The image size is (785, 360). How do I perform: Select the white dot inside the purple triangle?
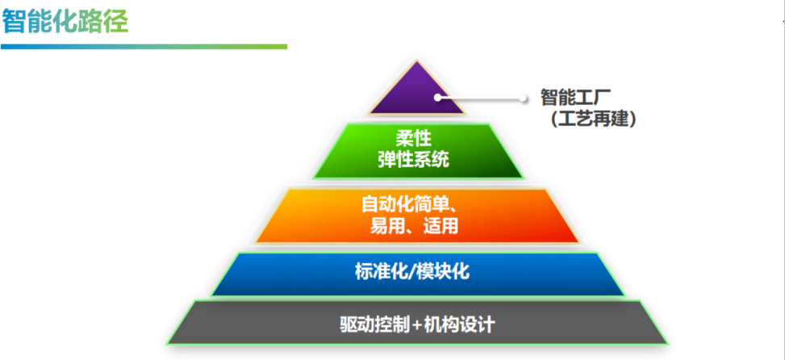[x=438, y=98]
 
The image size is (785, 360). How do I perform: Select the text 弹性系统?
[x=413, y=160]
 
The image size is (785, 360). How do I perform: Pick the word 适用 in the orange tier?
[x=441, y=225]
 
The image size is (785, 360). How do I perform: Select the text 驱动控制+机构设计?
[x=417, y=324]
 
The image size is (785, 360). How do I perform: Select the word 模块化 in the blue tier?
[x=442, y=272]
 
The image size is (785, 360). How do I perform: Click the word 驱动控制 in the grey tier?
[x=374, y=324]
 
